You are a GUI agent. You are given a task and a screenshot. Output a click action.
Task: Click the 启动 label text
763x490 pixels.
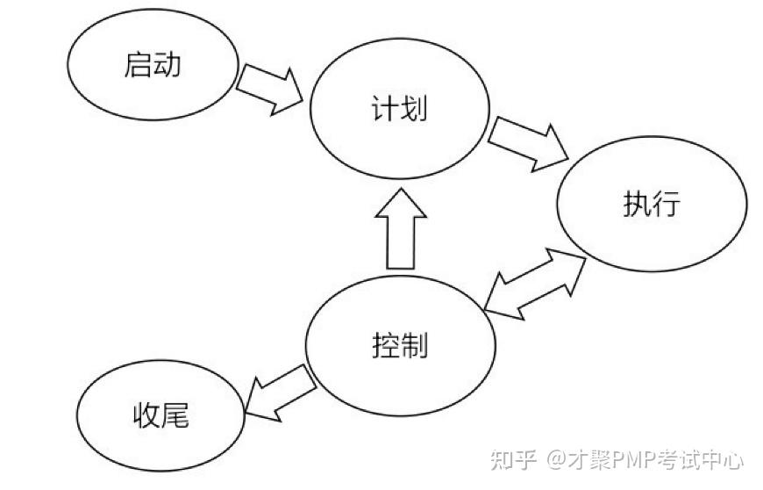(x=153, y=65)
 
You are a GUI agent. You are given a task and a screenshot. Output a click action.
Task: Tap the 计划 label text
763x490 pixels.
(x=400, y=108)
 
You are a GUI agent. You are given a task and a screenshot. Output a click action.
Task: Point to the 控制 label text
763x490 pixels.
(x=400, y=345)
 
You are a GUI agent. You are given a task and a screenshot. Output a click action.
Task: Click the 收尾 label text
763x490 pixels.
(x=161, y=415)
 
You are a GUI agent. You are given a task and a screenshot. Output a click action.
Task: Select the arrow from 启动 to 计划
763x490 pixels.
(x=269, y=90)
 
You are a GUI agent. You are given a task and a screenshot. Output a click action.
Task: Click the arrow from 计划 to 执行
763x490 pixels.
(x=529, y=145)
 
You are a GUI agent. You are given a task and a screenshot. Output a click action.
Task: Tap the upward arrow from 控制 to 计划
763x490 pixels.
(x=401, y=229)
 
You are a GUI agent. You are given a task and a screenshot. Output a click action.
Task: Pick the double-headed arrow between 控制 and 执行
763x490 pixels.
(x=535, y=285)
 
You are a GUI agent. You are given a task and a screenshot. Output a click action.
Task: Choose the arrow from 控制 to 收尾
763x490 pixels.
(x=281, y=393)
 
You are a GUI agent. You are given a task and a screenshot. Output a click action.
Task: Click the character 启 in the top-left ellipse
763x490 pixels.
(x=139, y=65)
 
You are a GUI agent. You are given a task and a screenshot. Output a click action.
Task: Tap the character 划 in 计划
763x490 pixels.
(x=414, y=108)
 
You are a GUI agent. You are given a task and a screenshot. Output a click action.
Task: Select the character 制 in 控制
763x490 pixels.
(x=415, y=345)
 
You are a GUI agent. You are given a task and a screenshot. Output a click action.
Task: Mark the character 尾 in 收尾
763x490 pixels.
(x=175, y=415)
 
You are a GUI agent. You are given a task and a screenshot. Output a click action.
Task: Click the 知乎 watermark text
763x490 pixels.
(x=513, y=459)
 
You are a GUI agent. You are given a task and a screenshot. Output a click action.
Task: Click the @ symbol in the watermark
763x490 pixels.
(x=556, y=459)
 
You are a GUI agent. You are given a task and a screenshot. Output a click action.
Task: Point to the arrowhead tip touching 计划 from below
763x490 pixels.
(x=401, y=189)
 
